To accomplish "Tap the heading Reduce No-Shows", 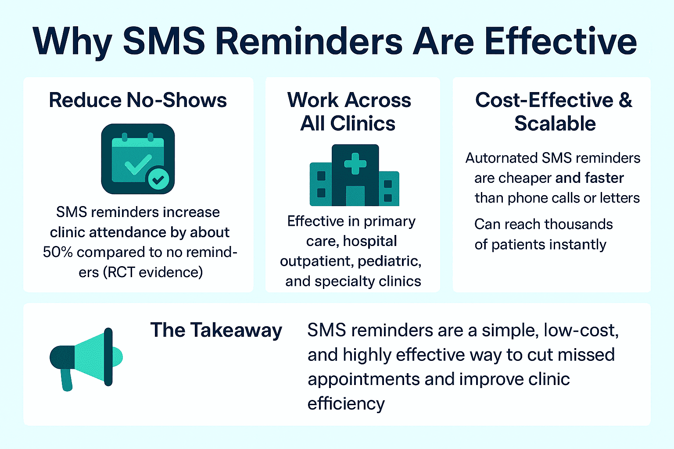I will (138, 100).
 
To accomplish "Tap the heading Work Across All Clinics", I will (349, 111).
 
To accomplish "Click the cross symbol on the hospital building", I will (355, 164).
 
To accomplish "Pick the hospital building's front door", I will (355, 196).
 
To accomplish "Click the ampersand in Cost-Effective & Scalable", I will (625, 100).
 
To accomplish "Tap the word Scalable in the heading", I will (555, 124).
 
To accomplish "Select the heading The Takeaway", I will (216, 330).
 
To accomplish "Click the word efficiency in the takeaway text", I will (346, 403).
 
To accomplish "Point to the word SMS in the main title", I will (164, 41).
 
